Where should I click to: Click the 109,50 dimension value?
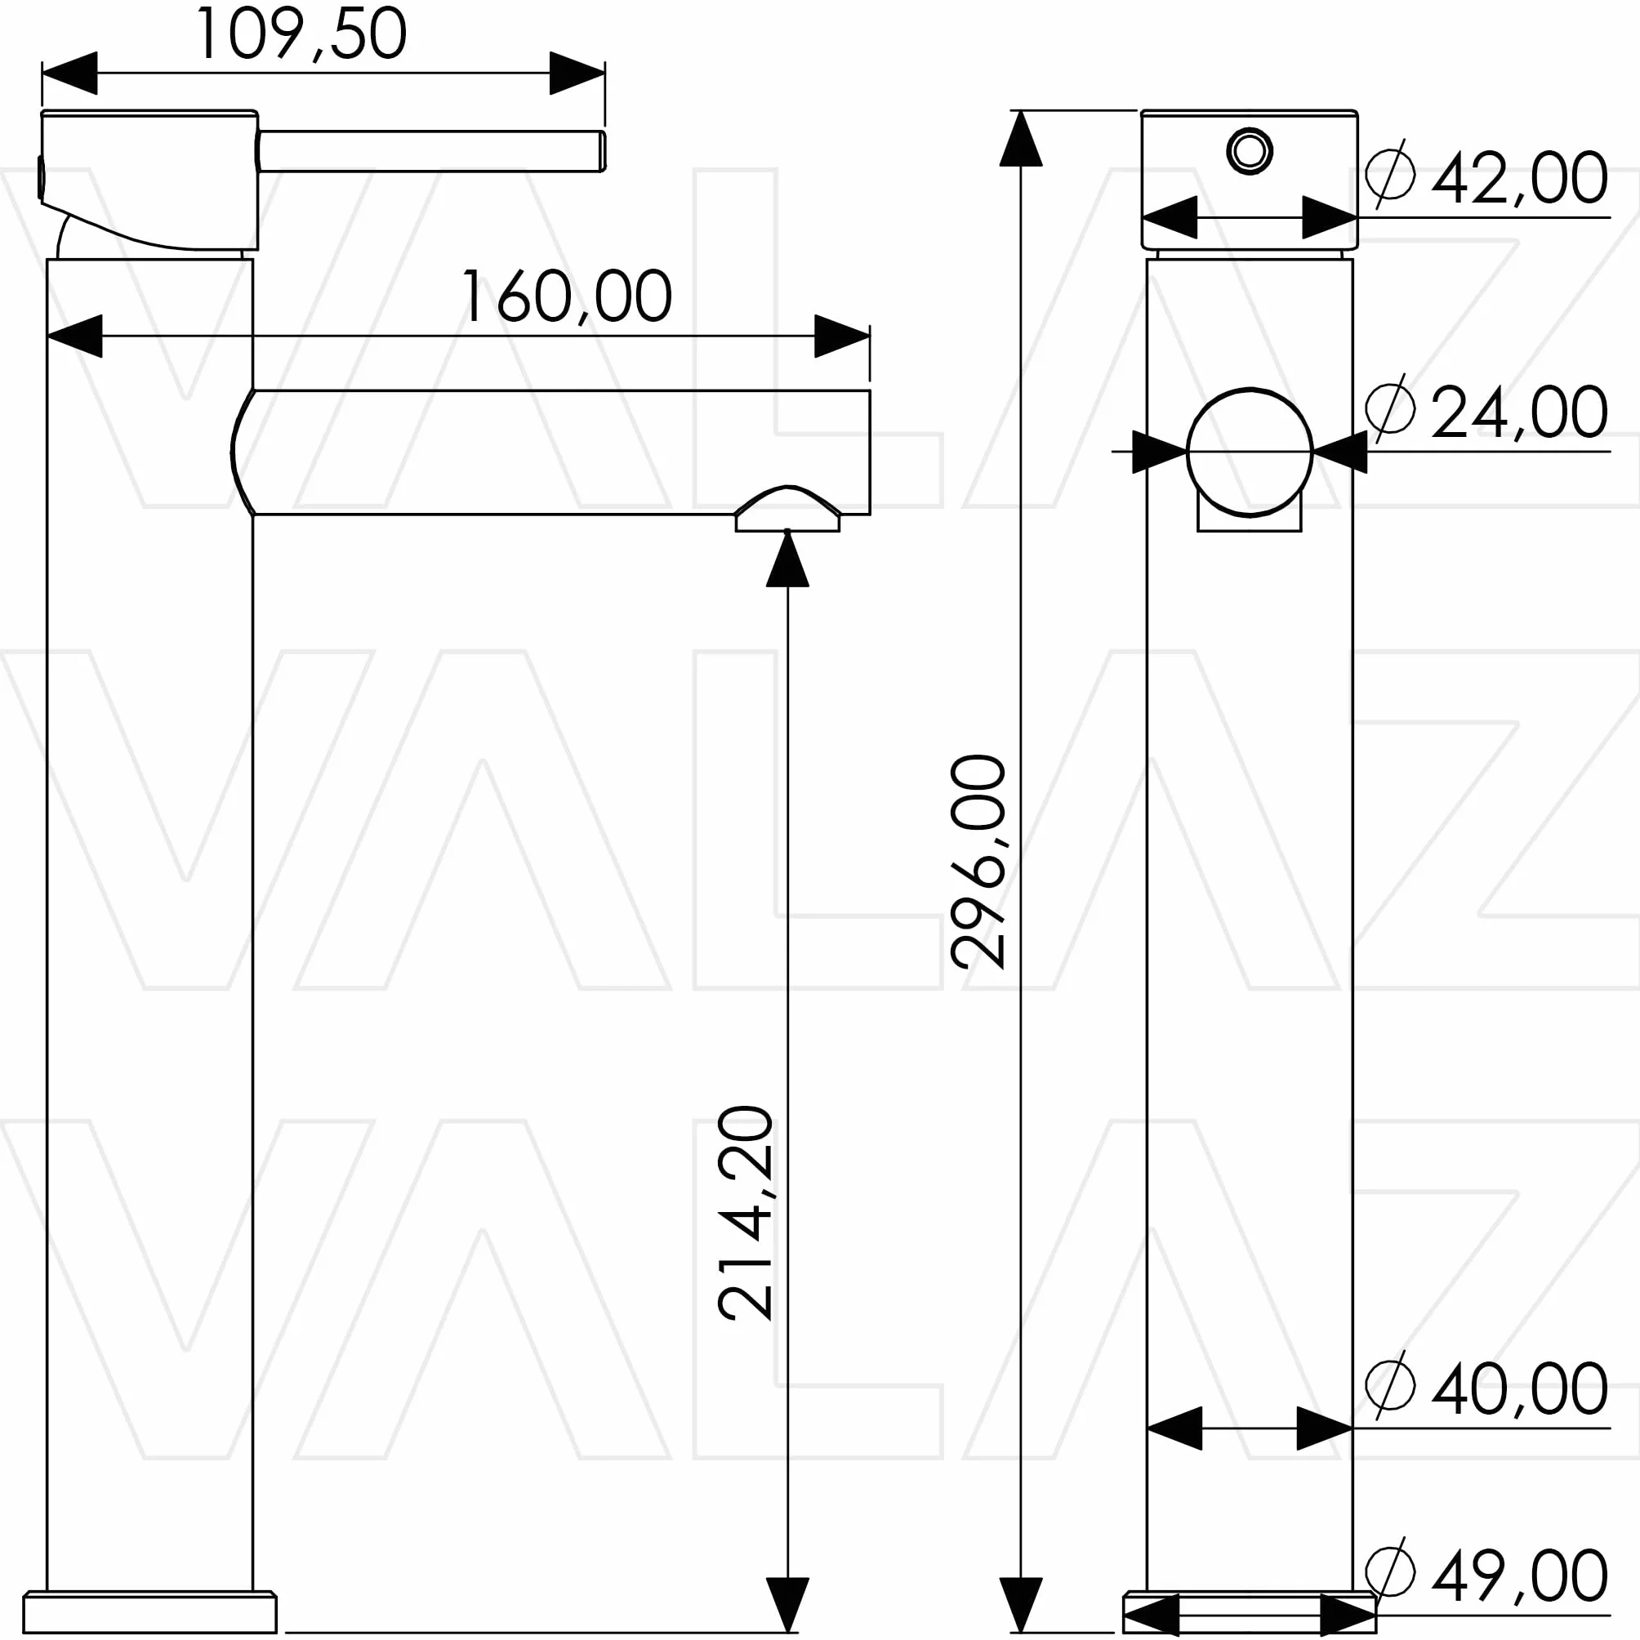pyautogui.click(x=301, y=34)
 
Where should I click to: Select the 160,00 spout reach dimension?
pyautogui.click(x=566, y=297)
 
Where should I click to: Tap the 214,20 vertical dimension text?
pyautogui.click(x=746, y=1213)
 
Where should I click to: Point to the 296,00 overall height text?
pyautogui.click(x=978, y=862)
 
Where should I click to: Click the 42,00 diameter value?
pyautogui.click(x=1519, y=178)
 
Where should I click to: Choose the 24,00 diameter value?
pyautogui.click(x=1519, y=412)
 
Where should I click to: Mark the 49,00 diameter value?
pyautogui.click(x=1519, y=1576)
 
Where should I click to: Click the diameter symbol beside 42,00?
pyautogui.click(x=1390, y=173)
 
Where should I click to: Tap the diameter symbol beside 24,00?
pyautogui.click(x=1390, y=408)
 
